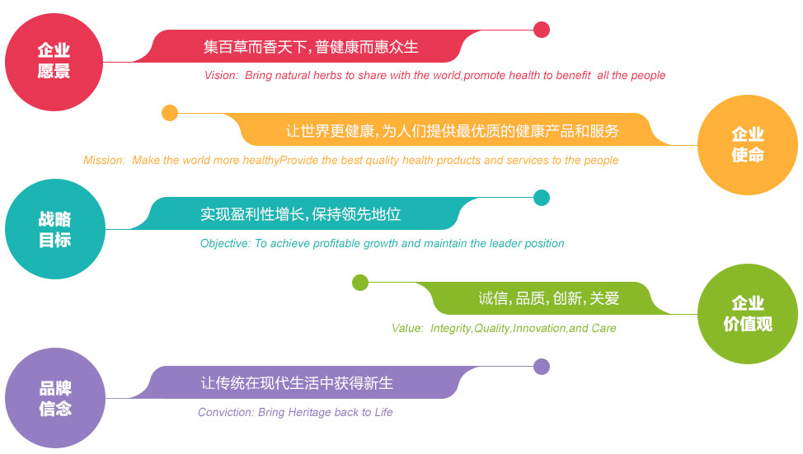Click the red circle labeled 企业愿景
(54, 62)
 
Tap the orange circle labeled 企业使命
(748, 145)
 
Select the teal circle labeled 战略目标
(54, 229)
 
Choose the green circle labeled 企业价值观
(748, 314)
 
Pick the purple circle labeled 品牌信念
(54, 398)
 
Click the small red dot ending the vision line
(542, 30)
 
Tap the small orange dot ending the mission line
(170, 113)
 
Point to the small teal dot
(542, 198)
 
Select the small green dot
(360, 282)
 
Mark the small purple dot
(542, 367)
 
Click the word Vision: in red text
(221, 75)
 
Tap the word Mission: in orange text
(104, 160)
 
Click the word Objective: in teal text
(225, 243)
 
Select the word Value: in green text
(407, 328)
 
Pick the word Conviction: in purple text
(226, 412)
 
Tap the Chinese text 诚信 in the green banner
(493, 298)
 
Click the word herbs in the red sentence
(328, 75)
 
